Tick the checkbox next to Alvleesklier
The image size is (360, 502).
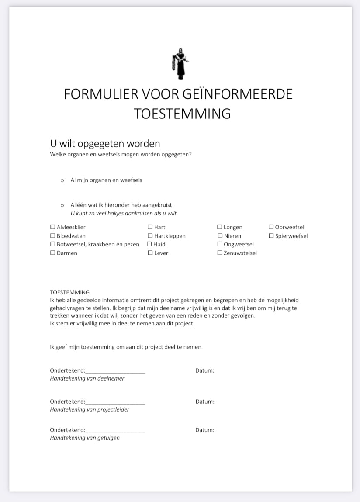click(53, 227)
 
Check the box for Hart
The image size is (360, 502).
click(150, 227)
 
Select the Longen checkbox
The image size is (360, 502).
click(220, 227)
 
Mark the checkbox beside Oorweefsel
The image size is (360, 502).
click(271, 227)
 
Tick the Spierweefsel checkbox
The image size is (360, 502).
click(271, 236)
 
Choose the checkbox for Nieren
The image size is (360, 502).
click(220, 236)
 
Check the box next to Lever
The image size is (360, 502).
click(150, 253)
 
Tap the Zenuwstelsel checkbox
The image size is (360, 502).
click(220, 253)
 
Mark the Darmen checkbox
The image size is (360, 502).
click(53, 253)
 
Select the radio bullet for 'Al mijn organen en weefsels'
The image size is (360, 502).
click(62, 180)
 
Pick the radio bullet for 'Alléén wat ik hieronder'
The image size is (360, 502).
click(62, 205)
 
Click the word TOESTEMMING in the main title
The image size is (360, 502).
click(182, 114)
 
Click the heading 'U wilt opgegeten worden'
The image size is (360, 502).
click(105, 144)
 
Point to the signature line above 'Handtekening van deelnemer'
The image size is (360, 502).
click(115, 373)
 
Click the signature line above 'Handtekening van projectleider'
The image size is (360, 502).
click(115, 404)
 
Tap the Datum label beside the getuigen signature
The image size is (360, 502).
click(205, 430)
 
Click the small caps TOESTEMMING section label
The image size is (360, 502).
click(70, 292)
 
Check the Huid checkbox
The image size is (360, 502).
click(149, 244)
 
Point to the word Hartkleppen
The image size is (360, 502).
click(170, 236)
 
